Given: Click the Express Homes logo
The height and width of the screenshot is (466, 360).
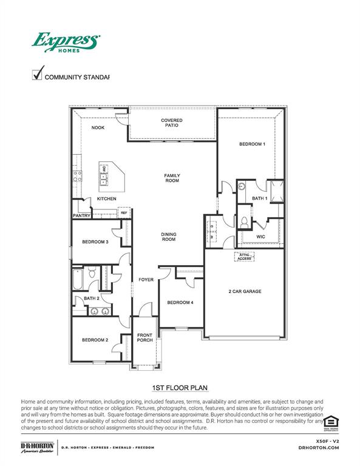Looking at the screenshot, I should pyautogui.click(x=66, y=43).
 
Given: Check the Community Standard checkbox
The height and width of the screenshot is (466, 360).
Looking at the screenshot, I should pyautogui.click(x=37, y=75).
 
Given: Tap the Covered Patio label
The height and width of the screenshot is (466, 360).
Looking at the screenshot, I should pyautogui.click(x=172, y=123).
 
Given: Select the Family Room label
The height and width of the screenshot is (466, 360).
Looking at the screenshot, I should pyautogui.click(x=172, y=178).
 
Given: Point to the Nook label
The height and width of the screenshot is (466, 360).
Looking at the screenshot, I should pyautogui.click(x=98, y=127).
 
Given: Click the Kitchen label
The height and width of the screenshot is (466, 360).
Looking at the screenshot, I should pyautogui.click(x=106, y=199).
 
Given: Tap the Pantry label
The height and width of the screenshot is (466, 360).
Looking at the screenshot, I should pyautogui.click(x=81, y=215).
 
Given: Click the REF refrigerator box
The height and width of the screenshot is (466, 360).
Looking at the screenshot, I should pyautogui.click(x=124, y=213).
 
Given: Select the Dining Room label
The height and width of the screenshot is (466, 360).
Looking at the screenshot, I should pyautogui.click(x=168, y=237).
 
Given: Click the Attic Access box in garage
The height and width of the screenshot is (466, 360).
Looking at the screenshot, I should pyautogui.click(x=244, y=257).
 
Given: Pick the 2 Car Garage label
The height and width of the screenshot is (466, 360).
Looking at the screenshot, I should pyautogui.click(x=245, y=291).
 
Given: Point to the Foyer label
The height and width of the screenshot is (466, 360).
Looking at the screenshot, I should pyautogui.click(x=145, y=280).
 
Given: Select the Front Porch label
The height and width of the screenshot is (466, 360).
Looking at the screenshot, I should pyautogui.click(x=144, y=337).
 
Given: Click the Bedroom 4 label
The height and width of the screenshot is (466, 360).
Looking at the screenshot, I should pyautogui.click(x=180, y=302).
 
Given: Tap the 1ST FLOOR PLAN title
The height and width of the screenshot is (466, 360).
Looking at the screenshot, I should pyautogui.click(x=180, y=387).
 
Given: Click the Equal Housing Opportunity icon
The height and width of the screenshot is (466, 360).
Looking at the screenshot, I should pyautogui.click(x=330, y=422).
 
